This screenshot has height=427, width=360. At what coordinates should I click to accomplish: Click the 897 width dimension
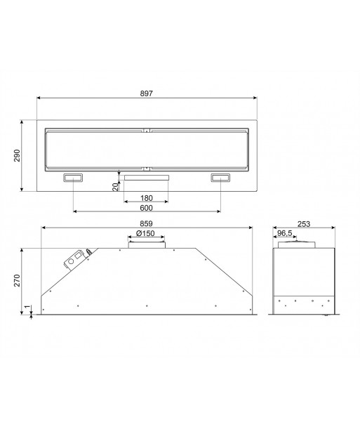147,93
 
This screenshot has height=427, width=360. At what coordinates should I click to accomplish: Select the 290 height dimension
17,156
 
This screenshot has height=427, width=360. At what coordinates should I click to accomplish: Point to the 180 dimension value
147,197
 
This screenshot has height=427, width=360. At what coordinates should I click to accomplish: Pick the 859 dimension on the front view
147,224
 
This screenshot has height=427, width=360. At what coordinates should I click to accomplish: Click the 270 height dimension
17,280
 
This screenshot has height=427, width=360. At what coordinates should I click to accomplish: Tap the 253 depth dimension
303,224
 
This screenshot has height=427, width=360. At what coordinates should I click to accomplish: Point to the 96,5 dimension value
285,233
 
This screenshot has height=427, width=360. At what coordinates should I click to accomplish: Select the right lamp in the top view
220,178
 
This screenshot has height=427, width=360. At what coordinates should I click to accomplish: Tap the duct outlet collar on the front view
147,244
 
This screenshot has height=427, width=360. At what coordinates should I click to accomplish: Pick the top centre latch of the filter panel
147,129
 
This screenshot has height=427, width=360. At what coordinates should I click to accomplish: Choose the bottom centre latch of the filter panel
147,169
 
